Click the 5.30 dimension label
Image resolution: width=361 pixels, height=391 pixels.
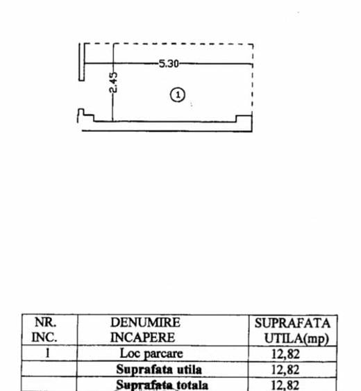169,64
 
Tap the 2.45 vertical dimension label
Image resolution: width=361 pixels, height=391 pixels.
113,82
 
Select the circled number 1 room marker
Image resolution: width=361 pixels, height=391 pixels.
178,94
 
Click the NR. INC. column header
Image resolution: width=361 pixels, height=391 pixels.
45,330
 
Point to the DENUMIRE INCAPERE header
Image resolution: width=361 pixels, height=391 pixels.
145,330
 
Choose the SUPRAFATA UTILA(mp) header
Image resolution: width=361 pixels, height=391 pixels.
292,331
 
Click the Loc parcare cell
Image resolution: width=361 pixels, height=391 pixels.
151,353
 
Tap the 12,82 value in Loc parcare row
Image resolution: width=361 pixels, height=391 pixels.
285,354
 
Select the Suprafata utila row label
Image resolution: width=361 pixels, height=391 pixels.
159,369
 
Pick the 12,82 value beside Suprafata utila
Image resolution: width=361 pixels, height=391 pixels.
285,369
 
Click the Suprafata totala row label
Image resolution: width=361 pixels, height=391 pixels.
162,385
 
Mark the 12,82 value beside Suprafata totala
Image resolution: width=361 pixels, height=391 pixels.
285,385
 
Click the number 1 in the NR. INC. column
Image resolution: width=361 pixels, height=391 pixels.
47,353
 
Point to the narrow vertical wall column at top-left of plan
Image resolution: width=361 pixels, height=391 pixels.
81,62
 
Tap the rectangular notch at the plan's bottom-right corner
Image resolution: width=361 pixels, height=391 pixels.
244,119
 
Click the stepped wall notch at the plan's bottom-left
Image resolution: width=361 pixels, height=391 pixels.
86,115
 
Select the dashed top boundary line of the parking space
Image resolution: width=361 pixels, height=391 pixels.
169,44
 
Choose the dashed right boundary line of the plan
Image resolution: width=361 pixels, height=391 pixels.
253,79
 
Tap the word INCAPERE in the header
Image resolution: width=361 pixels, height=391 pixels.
142,338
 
